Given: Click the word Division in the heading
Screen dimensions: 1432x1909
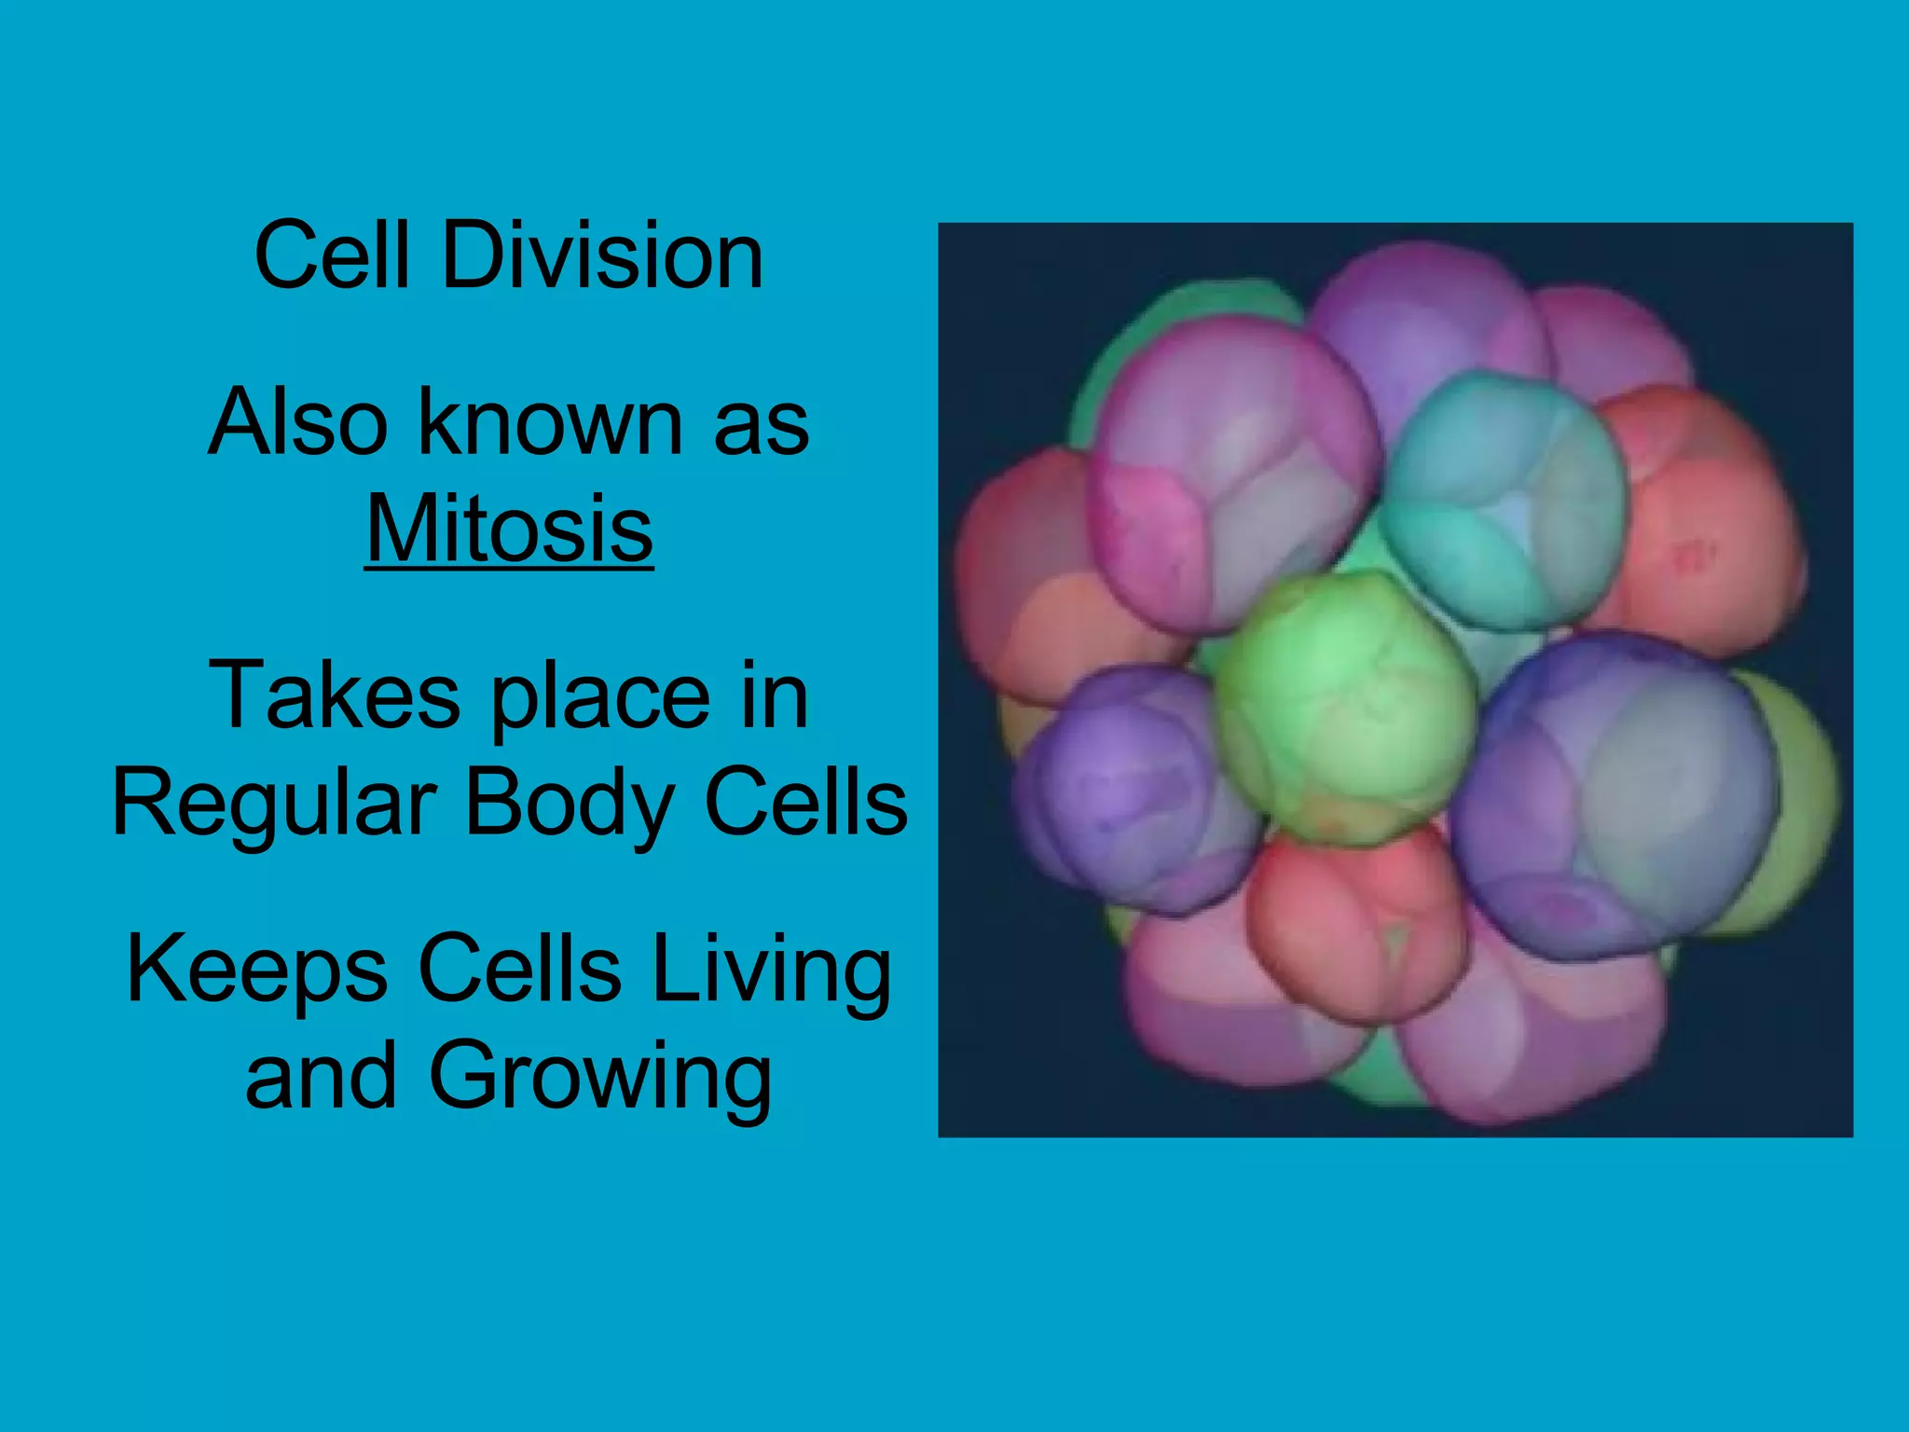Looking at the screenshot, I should tap(602, 256).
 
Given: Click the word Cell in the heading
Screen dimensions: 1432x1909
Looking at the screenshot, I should tap(332, 256).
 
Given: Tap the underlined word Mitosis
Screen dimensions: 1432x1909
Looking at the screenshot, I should tap(509, 530).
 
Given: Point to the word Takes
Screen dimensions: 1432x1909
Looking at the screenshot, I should tap(335, 695).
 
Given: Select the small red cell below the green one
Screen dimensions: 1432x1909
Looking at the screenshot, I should tap(1356, 923).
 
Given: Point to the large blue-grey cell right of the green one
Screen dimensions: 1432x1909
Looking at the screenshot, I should tap(1617, 792).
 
